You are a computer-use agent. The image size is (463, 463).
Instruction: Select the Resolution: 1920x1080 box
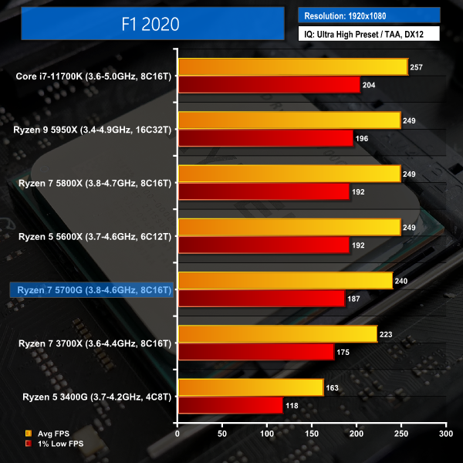point(368,15)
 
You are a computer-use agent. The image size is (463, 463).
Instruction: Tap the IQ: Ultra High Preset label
point(368,33)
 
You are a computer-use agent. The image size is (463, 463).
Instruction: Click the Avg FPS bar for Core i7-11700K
point(292,67)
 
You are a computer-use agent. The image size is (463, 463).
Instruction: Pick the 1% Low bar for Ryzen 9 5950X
point(265,138)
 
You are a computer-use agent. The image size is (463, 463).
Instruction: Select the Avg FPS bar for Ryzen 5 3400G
point(250,387)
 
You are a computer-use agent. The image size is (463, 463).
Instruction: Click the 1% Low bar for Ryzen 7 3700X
point(255,351)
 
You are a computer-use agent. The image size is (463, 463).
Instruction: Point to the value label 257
point(417,67)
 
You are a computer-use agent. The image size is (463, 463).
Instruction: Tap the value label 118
point(292,404)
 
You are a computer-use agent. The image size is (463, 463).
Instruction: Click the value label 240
point(401,280)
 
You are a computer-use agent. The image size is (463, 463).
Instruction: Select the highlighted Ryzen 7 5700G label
point(91,289)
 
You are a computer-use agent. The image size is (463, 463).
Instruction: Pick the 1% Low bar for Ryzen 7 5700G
point(261,298)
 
